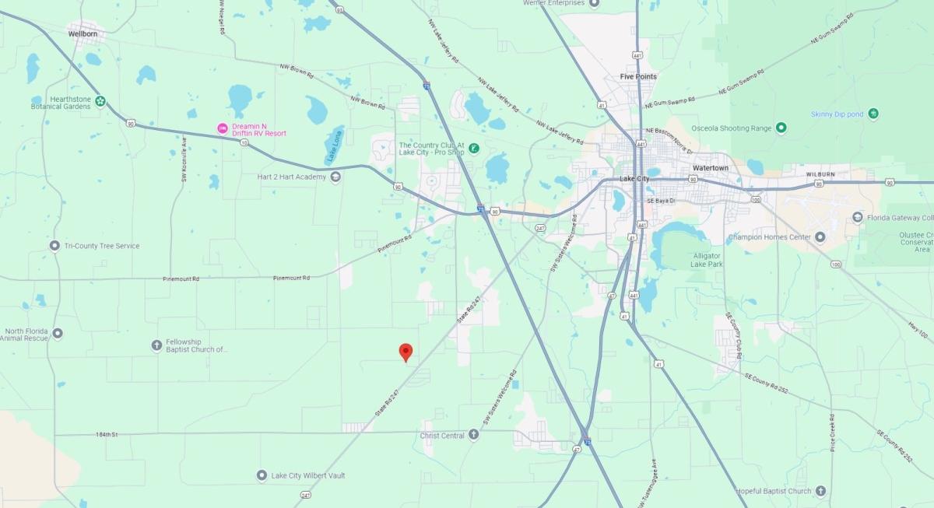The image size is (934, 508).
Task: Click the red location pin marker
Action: [405, 352]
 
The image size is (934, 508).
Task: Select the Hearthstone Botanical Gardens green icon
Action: [100, 101]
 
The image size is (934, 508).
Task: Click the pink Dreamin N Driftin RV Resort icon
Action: [223, 128]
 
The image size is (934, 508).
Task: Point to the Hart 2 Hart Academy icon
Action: [335, 177]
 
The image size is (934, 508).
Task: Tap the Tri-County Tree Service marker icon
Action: [54, 246]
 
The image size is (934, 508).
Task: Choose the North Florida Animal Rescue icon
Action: [58, 333]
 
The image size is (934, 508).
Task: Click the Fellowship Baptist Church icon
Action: [156, 345]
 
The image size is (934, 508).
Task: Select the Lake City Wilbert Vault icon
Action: [262, 475]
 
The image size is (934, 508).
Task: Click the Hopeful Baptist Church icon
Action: [820, 491]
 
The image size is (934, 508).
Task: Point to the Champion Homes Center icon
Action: [820, 236]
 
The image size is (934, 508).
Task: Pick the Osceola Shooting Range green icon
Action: [781, 128]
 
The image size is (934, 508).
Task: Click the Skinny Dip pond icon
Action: [874, 114]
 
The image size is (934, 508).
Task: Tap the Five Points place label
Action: [638, 76]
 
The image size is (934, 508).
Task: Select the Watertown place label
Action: [711, 168]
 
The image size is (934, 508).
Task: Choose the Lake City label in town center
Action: [634, 179]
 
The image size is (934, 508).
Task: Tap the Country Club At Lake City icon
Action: [472, 148]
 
